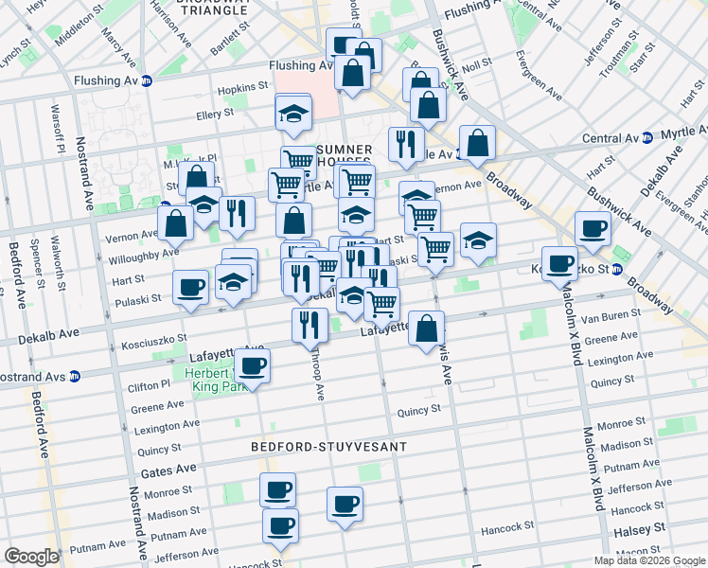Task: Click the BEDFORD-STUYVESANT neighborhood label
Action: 328,446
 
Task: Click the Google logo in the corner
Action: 30,557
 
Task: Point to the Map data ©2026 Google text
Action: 649,560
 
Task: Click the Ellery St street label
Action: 215,114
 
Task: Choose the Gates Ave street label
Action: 168,470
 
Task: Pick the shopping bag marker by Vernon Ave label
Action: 175,223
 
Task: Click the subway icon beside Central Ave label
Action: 647,138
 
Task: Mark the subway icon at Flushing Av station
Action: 146,82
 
